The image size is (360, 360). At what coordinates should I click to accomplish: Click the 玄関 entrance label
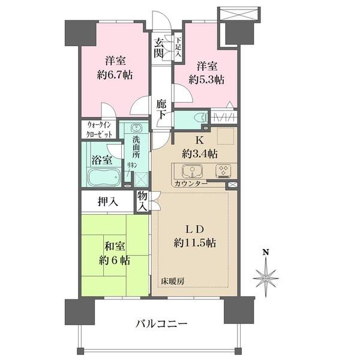click(158, 47)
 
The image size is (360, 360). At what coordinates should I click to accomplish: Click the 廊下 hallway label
click(161, 109)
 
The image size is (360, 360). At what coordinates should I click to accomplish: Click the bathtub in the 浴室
click(104, 178)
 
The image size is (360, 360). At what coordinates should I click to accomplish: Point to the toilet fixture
click(198, 118)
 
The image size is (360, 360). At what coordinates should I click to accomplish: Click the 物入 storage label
click(142, 201)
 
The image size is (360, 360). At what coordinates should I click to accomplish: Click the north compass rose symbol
click(266, 277)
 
